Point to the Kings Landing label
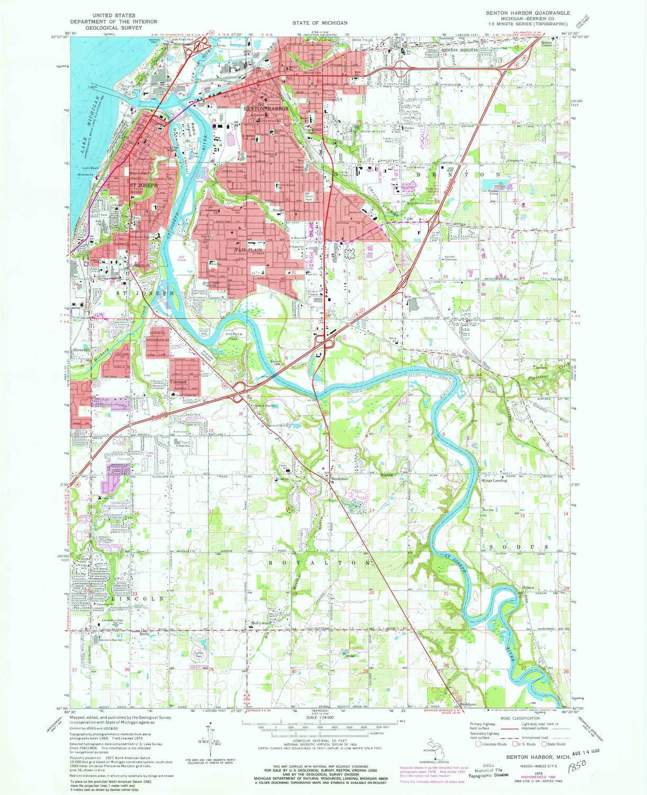[x=494, y=480]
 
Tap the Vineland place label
[x=178, y=382]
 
